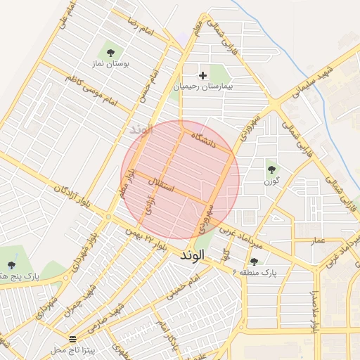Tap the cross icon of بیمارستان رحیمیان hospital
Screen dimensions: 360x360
203,75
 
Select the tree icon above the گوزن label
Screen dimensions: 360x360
272,169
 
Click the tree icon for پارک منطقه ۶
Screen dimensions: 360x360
254,261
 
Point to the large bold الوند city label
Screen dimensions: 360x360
191,255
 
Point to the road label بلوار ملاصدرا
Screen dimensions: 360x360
316,310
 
